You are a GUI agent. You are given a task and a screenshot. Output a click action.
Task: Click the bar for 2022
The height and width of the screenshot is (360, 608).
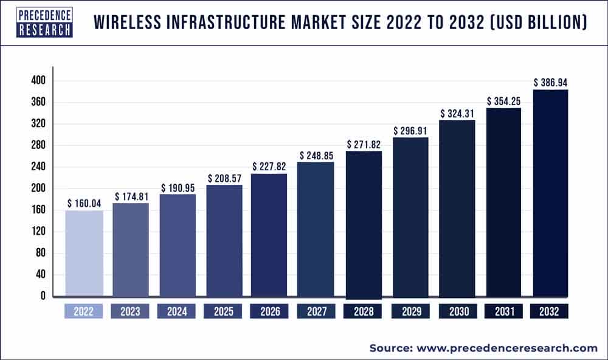84,254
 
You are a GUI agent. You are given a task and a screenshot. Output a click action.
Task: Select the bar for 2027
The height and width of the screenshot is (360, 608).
316,229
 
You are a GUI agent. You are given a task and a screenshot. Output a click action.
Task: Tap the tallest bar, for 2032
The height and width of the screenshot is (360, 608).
550,193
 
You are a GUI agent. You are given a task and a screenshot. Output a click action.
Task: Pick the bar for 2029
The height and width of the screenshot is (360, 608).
410,217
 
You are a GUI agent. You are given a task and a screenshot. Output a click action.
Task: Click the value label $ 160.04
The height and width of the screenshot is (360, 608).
84,203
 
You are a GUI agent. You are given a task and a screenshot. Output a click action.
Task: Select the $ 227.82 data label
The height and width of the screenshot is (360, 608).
269,166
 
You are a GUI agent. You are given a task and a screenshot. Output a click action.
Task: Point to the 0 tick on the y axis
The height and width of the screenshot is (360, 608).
41,297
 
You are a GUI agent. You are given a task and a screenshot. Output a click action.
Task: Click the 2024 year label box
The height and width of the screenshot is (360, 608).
177,311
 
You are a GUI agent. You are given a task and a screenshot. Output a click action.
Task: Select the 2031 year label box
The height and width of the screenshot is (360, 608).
503,311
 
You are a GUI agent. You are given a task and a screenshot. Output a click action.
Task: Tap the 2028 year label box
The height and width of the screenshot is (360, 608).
363,311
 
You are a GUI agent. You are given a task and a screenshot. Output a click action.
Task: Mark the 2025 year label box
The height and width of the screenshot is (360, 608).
223,311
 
